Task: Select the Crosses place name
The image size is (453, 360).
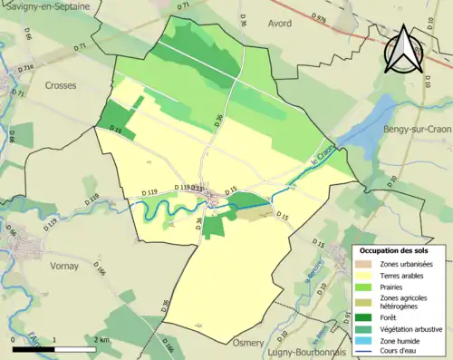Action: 60,85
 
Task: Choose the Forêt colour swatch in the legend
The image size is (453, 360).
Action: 366,316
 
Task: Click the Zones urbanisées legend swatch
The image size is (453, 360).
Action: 366,263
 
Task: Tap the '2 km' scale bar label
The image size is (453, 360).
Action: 101,340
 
